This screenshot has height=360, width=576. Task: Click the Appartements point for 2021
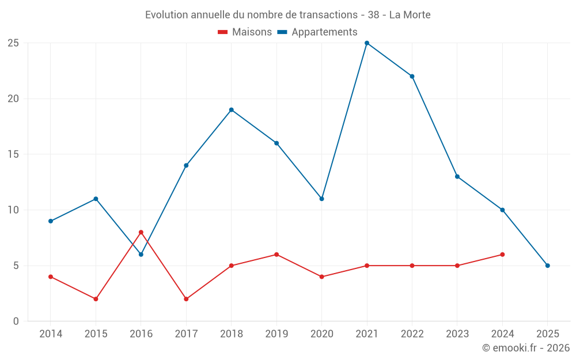[x=367, y=43]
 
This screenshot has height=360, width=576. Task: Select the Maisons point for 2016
[x=141, y=232]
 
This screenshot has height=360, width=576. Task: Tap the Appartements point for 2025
[x=548, y=266]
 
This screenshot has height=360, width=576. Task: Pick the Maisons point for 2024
[x=502, y=255]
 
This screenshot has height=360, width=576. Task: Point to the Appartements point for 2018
[x=232, y=110]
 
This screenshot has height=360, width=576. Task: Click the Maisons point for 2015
[x=96, y=299]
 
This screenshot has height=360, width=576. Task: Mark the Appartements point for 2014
[x=51, y=221]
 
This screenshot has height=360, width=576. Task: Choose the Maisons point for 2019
[x=276, y=255]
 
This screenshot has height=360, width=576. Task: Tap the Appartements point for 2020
[x=321, y=199]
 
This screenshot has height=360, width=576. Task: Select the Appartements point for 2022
[x=412, y=77]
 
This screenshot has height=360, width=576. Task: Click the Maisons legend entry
[x=245, y=32]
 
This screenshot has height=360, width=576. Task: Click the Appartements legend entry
[x=318, y=32]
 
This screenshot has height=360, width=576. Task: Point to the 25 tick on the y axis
[x=13, y=43]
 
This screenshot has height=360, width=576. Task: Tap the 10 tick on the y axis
[x=13, y=210]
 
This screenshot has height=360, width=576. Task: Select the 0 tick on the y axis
[x=16, y=321]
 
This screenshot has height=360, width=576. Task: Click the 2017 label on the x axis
[x=186, y=334]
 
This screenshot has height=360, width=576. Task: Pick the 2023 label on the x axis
[x=457, y=334]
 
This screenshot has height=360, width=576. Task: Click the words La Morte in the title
[x=410, y=15]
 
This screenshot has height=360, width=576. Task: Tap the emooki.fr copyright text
[x=526, y=348]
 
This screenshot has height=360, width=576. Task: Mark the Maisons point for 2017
[x=186, y=299]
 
